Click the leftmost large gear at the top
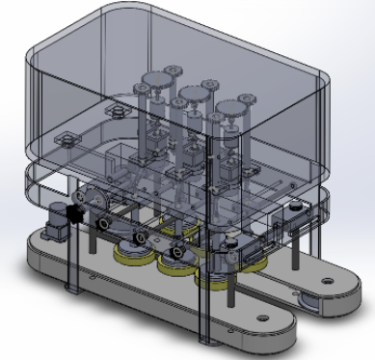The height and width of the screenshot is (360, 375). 155,83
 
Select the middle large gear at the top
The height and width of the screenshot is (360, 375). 192,95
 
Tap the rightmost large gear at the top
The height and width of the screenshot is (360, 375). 228,107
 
